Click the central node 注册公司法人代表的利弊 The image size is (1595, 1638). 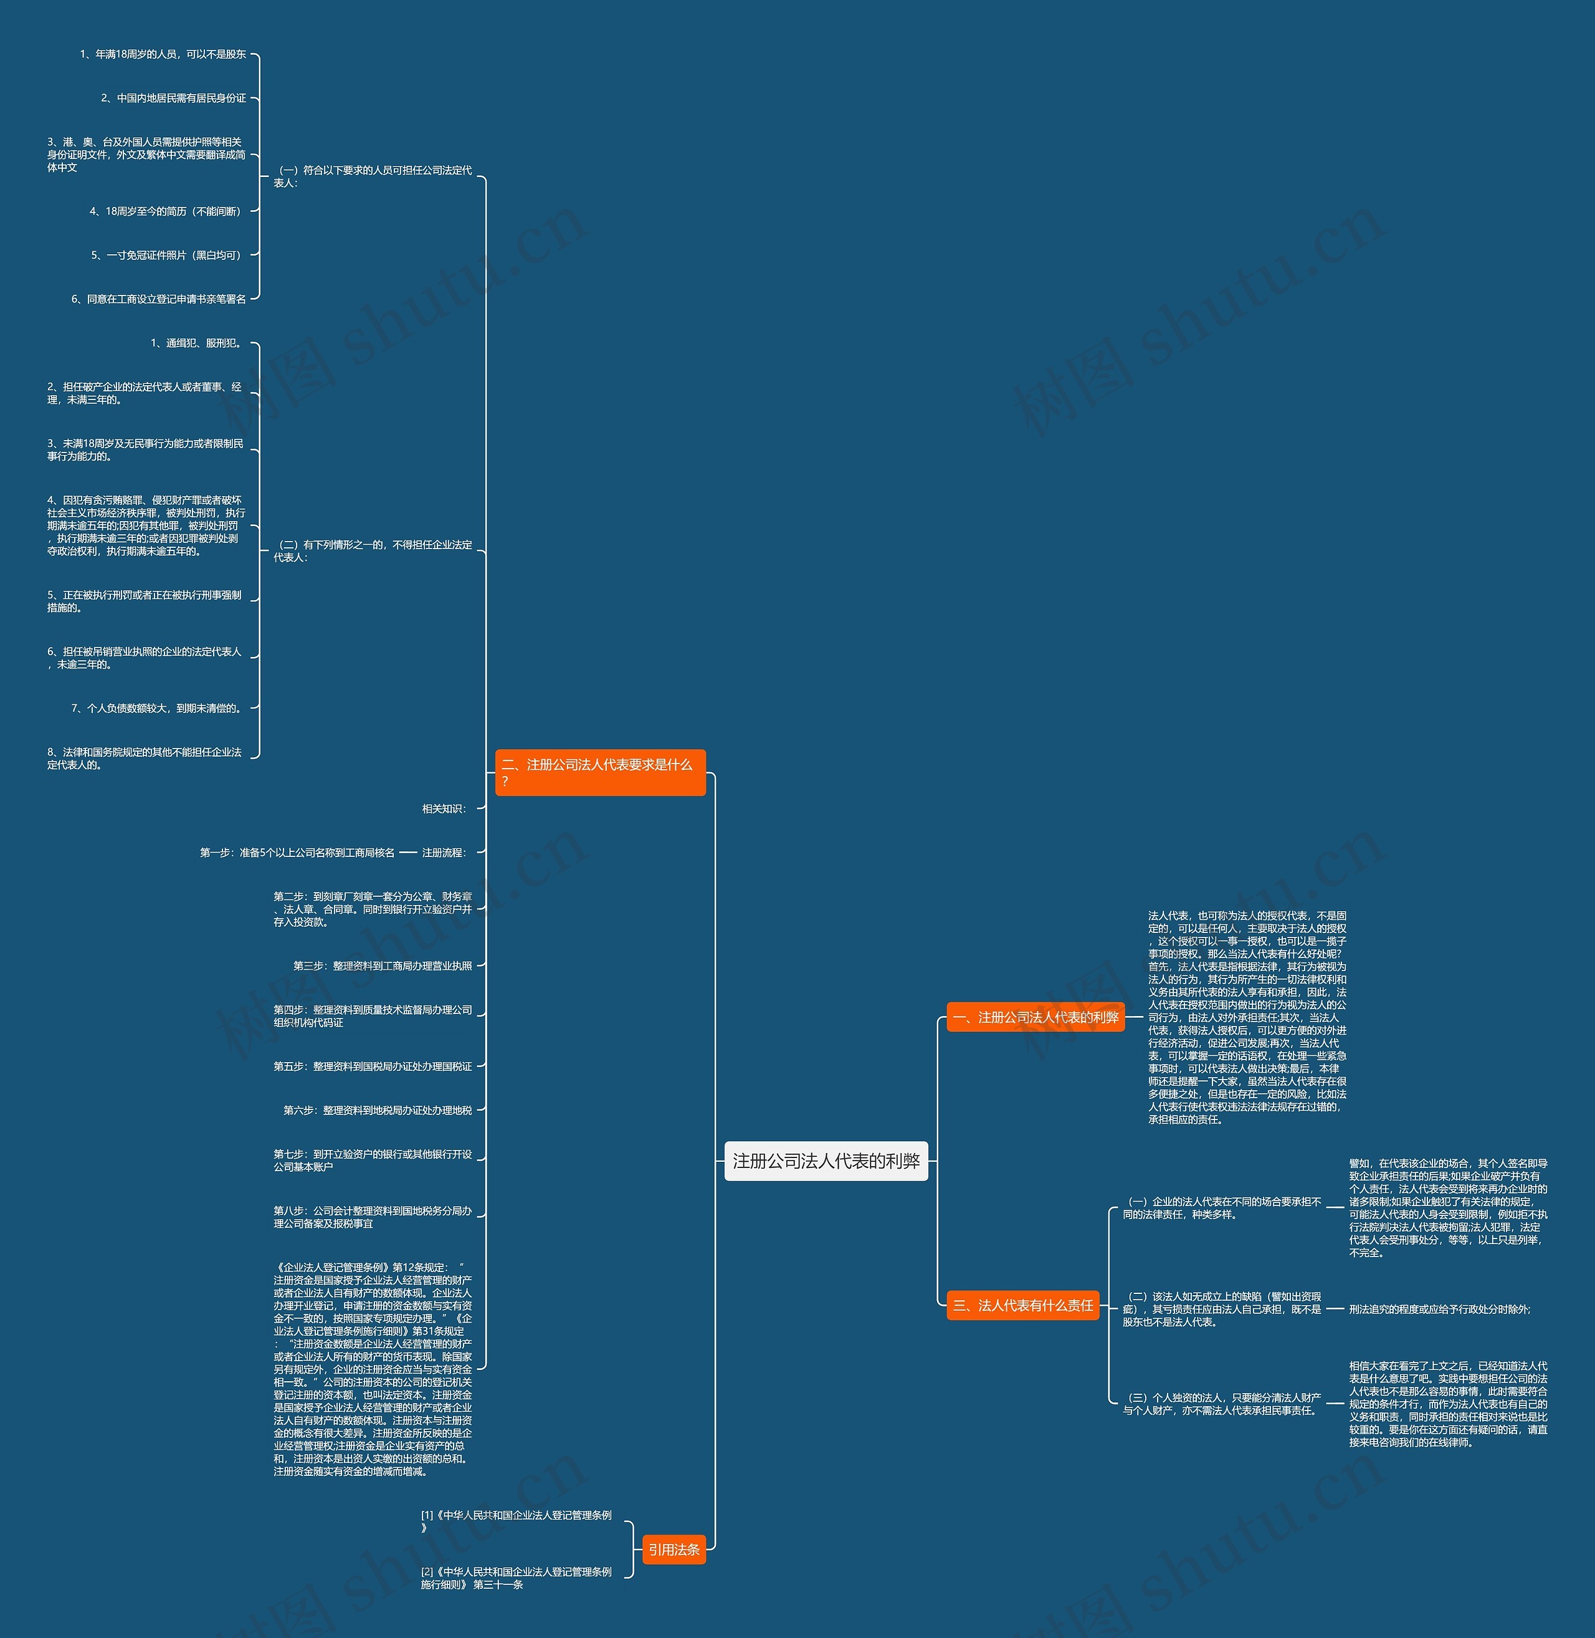[826, 1161]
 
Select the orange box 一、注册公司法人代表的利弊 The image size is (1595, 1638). [1036, 1017]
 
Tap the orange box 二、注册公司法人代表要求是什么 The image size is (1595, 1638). [600, 772]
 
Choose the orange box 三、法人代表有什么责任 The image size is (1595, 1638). [1023, 1305]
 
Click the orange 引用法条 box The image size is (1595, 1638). [674, 1550]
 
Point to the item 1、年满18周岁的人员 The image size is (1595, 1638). [163, 54]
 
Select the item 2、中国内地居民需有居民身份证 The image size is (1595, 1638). [173, 98]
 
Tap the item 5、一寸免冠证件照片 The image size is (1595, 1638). [168, 256]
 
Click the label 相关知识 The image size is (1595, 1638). [445, 808]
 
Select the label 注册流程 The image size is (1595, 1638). [445, 853]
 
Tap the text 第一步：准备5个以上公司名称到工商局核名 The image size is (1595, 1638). [297, 853]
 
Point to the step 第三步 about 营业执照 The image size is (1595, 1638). [383, 966]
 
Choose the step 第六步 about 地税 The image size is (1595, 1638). [378, 1110]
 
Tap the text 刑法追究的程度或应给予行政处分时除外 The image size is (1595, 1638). [1440, 1310]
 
